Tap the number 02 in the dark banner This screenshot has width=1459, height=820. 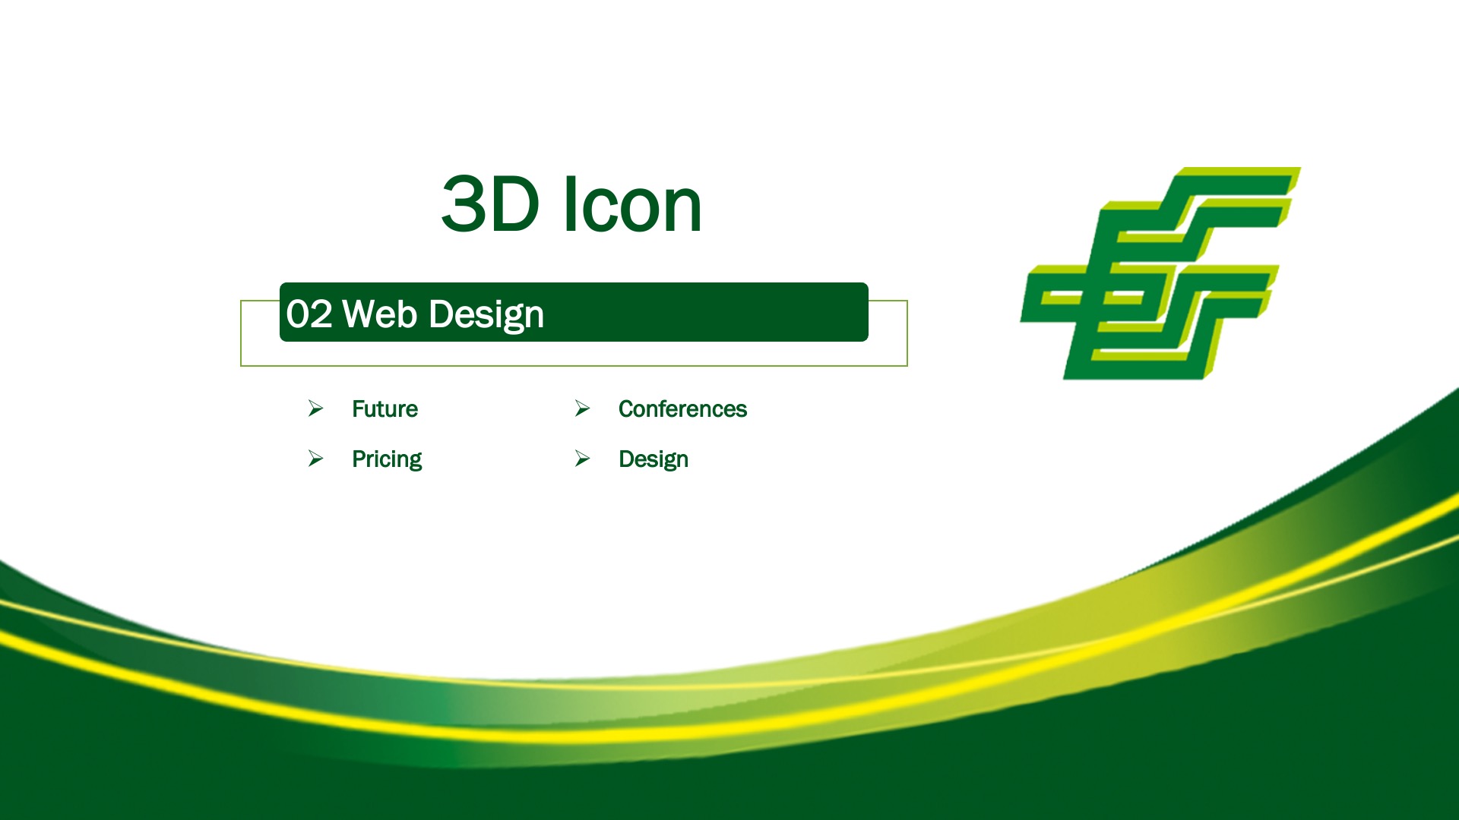[309, 314]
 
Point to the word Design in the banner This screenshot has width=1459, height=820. [486, 315]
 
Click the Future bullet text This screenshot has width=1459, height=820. [385, 409]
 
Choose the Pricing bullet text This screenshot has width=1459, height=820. [387, 459]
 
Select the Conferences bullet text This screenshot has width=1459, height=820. [682, 409]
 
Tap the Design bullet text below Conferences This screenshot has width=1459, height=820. [654, 459]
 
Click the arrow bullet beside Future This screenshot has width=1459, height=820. [315, 408]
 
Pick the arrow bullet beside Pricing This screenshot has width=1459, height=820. [315, 459]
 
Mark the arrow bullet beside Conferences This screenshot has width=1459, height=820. [582, 408]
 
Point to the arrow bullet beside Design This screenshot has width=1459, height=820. [582, 459]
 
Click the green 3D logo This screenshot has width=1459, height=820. [1160, 273]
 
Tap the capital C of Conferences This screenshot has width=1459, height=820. [628, 409]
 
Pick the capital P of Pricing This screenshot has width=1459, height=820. [359, 459]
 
